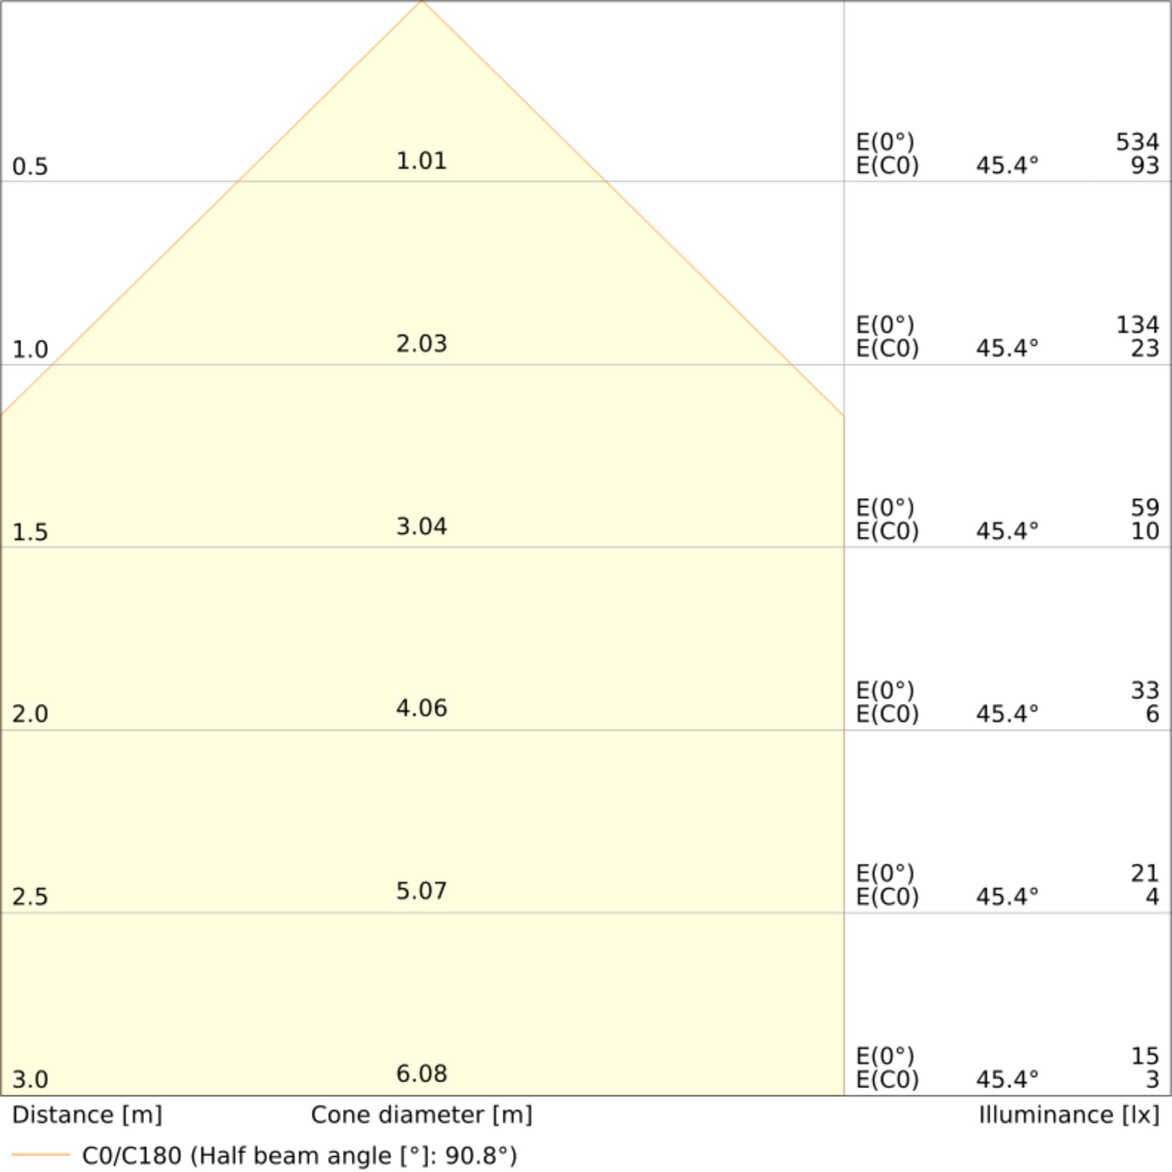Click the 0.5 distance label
tap(30, 166)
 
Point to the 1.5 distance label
tap(30, 532)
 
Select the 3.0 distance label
tap(30, 1079)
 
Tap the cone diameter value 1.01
tap(421, 161)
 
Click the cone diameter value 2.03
tap(421, 344)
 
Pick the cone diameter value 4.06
tap(421, 708)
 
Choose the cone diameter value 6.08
tap(421, 1074)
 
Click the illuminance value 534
tap(1137, 142)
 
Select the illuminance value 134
tap(1137, 325)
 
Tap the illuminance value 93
tap(1144, 166)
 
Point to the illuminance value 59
tap(1144, 507)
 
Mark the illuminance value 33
tap(1144, 690)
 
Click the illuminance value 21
tap(1144, 874)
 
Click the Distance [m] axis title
tap(87, 1115)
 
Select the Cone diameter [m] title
tap(421, 1115)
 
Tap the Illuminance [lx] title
tap(1069, 1115)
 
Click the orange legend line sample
tap(40, 1154)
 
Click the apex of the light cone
tap(422, 2)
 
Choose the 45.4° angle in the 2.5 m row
tap(1007, 897)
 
